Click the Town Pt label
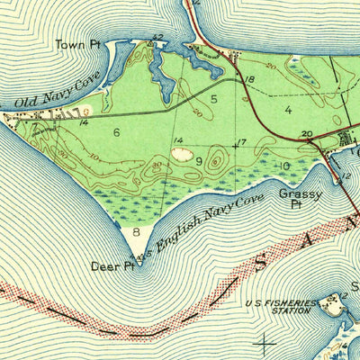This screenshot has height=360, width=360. [76, 44]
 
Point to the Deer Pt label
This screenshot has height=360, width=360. [112, 265]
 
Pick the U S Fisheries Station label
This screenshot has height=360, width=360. [282, 308]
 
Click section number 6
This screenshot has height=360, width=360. [116, 132]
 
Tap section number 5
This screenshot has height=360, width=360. [214, 97]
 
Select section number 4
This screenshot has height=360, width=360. [288, 110]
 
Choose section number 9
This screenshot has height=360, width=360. [198, 160]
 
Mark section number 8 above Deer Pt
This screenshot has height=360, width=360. [136, 231]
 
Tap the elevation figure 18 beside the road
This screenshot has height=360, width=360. [249, 80]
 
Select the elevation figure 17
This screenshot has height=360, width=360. [240, 142]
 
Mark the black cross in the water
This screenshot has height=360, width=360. [265, 342]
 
